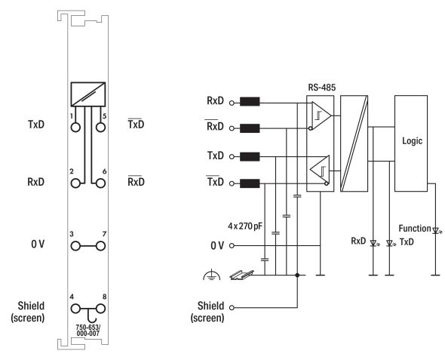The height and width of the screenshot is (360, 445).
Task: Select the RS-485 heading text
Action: click(322, 86)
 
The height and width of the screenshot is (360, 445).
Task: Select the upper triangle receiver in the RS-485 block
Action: click(322, 114)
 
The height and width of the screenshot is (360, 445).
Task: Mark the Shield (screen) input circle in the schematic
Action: click(232, 307)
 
